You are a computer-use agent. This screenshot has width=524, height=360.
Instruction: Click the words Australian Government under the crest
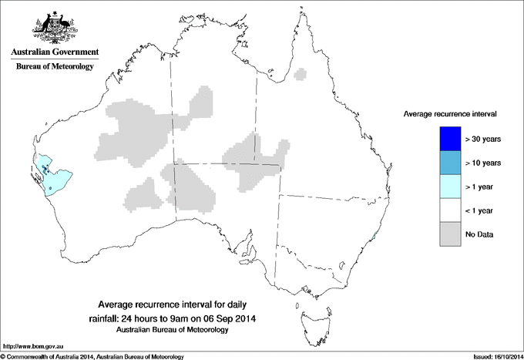(x=55, y=52)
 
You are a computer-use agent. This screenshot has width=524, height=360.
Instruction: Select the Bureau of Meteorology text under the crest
(x=55, y=67)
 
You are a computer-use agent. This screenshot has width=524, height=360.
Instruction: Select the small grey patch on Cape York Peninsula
(x=301, y=75)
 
